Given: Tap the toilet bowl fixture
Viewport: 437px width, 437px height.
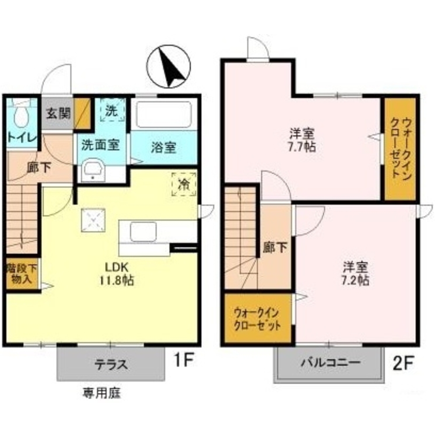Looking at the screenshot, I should point(21,114).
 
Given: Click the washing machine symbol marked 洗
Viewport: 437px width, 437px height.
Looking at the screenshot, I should point(112,111).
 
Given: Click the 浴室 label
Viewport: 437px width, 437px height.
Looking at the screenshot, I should point(164,148).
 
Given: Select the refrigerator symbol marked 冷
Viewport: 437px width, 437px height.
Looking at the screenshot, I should point(184,184).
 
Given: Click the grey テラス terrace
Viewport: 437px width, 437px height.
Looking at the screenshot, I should point(111,364).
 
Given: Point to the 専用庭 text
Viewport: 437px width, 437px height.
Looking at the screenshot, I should point(101,393).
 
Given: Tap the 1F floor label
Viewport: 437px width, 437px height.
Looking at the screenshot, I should point(184,361).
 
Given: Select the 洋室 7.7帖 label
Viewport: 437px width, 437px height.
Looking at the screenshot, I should point(302,139).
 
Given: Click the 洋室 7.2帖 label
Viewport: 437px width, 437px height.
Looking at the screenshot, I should point(355,273).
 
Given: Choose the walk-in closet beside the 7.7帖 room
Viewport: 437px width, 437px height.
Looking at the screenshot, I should point(400,149).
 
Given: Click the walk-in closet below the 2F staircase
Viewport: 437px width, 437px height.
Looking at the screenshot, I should point(257,319).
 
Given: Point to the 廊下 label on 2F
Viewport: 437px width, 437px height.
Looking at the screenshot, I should point(275,248).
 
